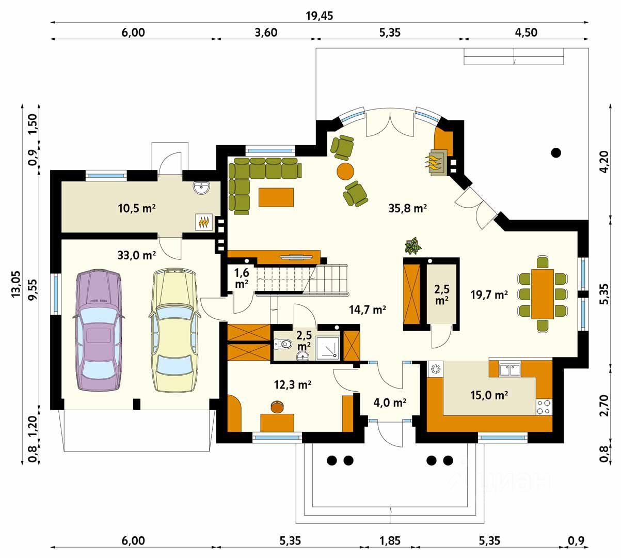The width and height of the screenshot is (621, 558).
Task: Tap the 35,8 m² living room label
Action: (408, 208)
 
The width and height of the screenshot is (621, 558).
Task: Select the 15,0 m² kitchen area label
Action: (489, 395)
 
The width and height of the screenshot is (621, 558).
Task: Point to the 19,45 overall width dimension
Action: (319, 16)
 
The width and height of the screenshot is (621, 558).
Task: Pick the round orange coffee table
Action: (345, 171)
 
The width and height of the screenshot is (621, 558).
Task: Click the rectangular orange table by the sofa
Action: (276, 197)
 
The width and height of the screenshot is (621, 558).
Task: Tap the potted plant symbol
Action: (413, 245)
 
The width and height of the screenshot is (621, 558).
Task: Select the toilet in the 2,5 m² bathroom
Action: (282, 344)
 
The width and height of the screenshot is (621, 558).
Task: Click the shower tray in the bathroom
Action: (327, 348)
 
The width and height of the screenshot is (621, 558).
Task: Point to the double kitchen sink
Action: (509, 370)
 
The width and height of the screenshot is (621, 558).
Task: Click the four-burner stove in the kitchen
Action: (544, 407)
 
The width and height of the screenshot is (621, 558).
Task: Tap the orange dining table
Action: (543, 294)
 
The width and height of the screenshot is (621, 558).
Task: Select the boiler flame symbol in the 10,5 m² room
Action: (204, 222)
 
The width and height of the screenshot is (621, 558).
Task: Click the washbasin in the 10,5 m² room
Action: (201, 188)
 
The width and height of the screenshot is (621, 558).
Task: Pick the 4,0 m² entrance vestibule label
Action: (390, 402)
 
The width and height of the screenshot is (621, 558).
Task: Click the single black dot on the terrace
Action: (556, 152)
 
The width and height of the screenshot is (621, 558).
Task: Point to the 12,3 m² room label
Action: (293, 384)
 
